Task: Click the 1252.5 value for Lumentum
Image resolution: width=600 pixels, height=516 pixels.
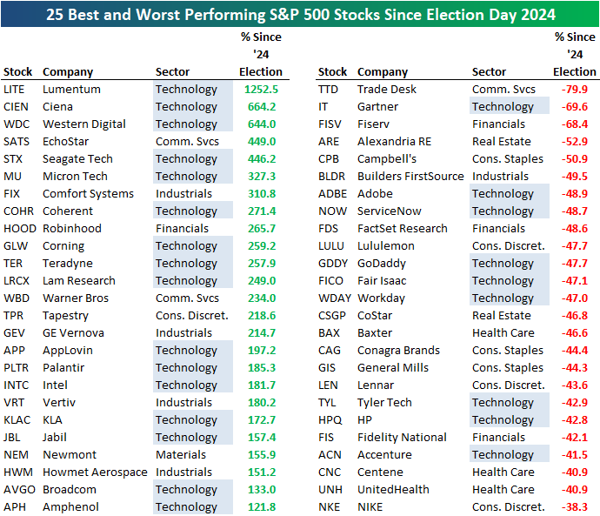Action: (x=259, y=89)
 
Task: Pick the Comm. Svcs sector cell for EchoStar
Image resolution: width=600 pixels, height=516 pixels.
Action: (x=186, y=141)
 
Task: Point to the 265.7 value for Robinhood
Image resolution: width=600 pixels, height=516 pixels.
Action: (x=261, y=228)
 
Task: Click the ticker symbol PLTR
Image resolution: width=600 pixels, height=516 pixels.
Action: (x=16, y=367)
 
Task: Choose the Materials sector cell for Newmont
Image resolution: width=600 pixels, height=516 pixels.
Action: (x=180, y=454)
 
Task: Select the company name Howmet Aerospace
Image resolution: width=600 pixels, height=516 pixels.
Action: (x=95, y=472)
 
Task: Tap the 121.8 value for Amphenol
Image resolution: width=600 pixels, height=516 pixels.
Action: (x=261, y=506)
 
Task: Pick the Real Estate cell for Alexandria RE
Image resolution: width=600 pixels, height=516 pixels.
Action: (x=501, y=141)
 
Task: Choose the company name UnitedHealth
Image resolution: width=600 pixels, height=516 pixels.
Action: (x=393, y=489)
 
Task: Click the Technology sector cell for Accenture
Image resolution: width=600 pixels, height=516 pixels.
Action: (x=503, y=454)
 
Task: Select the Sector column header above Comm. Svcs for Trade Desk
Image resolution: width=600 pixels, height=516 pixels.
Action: (x=490, y=71)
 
